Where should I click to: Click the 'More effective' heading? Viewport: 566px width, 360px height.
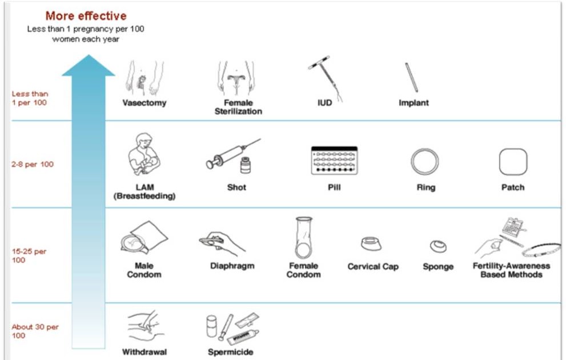(86, 16)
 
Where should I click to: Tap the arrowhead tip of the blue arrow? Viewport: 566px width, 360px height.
(89, 55)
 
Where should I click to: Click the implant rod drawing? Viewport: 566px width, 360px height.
(411, 77)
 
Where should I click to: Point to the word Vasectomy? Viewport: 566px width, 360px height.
(144, 103)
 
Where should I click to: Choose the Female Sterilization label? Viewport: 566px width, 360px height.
(238, 107)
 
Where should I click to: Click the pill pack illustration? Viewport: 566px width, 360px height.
(334, 161)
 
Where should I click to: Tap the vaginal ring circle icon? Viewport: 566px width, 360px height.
(425, 162)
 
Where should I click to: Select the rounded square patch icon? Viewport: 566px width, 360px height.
(513, 162)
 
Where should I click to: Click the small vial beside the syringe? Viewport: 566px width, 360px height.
(246, 165)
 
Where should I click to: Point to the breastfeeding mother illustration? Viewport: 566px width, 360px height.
(144, 154)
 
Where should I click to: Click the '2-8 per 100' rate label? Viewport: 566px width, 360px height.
(33, 165)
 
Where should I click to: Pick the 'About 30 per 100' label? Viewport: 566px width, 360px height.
(35, 331)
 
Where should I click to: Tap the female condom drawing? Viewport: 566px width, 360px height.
(304, 238)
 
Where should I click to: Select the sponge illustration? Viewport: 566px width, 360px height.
(438, 246)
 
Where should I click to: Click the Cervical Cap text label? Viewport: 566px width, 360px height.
(373, 267)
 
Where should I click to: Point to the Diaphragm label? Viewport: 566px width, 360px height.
(232, 266)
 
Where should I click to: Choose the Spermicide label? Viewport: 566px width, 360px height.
(230, 352)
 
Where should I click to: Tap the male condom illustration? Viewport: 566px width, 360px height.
(144, 237)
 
